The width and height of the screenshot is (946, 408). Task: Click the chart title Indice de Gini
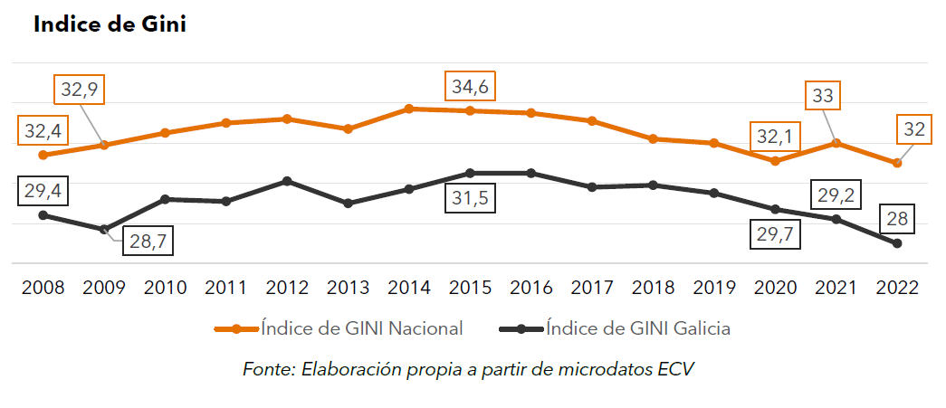110,24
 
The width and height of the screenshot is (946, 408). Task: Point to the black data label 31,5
470,198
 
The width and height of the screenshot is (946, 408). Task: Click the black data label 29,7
776,234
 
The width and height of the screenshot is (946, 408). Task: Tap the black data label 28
897,218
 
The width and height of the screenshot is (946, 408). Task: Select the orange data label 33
824,95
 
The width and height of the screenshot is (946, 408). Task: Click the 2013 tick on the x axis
348,288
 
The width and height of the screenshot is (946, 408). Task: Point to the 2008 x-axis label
43,288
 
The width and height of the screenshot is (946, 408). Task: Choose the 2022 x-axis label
897,288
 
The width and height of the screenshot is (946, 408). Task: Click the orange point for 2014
409,109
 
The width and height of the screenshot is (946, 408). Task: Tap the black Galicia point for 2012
287,181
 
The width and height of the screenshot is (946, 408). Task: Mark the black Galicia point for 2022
897,243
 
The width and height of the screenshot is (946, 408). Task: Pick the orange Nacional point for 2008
43,155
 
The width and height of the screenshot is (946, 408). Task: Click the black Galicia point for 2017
592,187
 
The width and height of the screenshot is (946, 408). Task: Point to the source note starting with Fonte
471,369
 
